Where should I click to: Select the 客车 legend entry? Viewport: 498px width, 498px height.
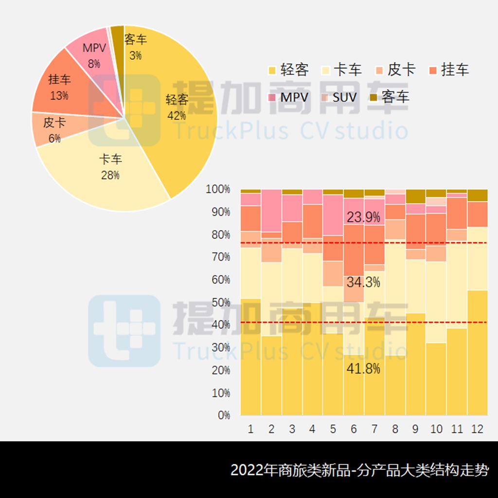(x=390, y=97)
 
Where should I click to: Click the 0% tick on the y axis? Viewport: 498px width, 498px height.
(x=223, y=415)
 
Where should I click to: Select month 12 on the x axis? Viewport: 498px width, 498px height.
(x=477, y=429)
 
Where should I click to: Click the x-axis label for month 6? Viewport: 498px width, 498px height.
(x=354, y=429)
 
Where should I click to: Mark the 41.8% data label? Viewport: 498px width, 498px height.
(x=363, y=369)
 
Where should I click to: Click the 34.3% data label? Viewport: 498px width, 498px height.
(x=363, y=282)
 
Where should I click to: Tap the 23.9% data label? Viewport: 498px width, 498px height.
(x=363, y=217)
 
